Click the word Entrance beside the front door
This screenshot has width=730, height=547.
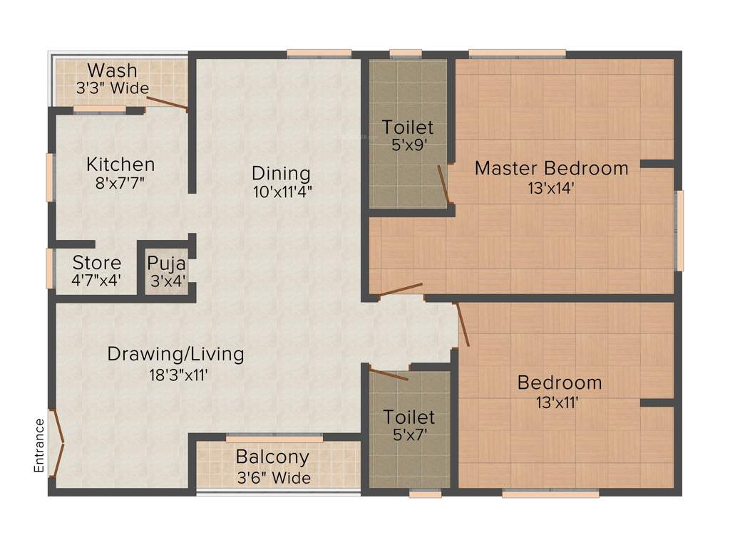click(40, 445)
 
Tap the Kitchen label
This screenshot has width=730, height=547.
click(120, 165)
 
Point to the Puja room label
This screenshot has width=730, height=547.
click(166, 263)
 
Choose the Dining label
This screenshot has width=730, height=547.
click(282, 173)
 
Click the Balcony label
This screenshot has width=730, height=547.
click(272, 457)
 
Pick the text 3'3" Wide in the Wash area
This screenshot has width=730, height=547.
click(113, 88)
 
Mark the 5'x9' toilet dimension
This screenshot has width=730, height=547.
click(407, 146)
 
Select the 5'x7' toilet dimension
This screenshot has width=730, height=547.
click(408, 434)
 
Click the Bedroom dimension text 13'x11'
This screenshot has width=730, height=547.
click(557, 402)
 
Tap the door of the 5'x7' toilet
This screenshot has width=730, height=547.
click(389, 374)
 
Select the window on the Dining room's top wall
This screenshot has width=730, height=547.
click(319, 53)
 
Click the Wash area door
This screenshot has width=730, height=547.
click(168, 103)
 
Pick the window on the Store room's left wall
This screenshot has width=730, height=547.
click(50, 268)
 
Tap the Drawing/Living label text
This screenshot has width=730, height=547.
click(175, 353)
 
